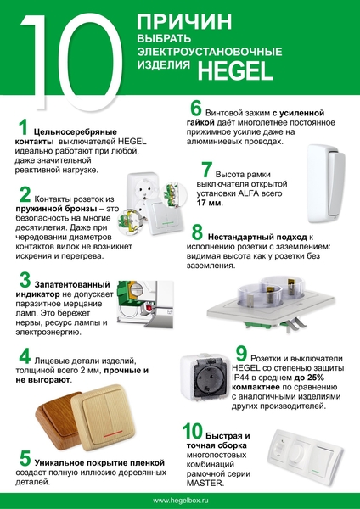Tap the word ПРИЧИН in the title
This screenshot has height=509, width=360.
(184, 22)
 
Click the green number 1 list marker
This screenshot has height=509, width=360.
(23, 127)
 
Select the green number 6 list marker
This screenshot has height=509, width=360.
(196, 109)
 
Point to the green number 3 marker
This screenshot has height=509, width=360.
(25, 280)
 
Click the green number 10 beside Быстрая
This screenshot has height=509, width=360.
(193, 431)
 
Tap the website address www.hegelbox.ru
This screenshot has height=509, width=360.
(180, 501)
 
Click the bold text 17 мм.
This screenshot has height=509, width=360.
(210, 204)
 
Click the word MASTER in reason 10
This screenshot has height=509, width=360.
(205, 483)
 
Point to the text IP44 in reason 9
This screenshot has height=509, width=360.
(239, 378)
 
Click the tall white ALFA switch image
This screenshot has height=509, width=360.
(326, 184)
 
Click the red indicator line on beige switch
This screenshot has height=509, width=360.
(113, 434)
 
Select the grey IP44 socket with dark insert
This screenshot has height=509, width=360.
(205, 376)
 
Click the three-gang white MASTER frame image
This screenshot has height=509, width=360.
(305, 453)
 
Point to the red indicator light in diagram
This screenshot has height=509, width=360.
(149, 307)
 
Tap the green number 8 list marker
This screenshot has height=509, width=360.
(197, 232)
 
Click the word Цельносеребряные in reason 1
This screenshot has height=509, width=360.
(76, 132)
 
